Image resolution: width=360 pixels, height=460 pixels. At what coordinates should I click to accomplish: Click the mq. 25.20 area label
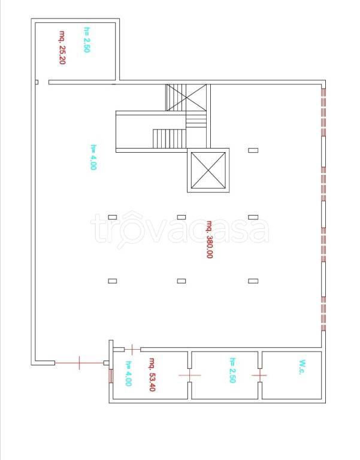pos(62,47)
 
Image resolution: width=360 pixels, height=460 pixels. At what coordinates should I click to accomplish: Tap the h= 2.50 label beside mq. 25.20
pos(86,40)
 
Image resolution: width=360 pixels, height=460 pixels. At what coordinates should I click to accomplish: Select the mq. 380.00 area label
pos(209,240)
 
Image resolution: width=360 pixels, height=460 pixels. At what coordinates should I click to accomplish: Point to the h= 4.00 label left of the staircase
pos(93,157)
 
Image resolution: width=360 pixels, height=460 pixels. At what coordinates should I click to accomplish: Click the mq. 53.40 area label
pos(152,374)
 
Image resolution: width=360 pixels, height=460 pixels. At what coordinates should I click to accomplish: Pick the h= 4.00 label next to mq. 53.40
pos(129,374)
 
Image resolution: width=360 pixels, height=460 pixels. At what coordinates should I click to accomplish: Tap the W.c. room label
pos(302,367)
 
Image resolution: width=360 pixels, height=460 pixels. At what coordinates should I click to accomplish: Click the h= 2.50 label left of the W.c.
pos(232,370)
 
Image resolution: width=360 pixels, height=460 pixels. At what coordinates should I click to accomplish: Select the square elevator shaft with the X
pos(208,170)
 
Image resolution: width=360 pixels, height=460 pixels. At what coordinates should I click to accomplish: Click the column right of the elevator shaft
pos(253,150)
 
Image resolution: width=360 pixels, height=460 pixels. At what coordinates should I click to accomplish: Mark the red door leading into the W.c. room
pos(259,375)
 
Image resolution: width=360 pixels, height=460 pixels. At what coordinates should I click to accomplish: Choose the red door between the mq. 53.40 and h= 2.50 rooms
pos(190,375)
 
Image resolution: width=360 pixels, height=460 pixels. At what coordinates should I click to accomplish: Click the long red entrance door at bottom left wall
pos(79,363)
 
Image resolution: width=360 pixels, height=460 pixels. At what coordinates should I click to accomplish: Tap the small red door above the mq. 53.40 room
pos(132,349)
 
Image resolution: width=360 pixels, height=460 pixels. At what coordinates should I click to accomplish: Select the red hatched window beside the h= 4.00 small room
pos(111,376)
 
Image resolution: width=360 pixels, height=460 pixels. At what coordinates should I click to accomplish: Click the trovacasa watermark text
pos(180,229)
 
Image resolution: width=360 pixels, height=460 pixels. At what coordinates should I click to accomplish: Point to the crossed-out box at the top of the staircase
pos(187,98)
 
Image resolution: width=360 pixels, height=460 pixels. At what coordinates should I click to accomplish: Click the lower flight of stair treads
pos(170,139)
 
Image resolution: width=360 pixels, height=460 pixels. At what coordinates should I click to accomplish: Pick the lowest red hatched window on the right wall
pos(323,314)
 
